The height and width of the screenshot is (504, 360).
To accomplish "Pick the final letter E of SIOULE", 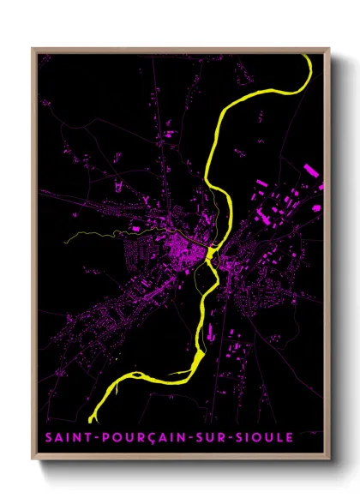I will point(290,438).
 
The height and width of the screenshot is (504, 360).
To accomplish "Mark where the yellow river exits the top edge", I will point(304,56).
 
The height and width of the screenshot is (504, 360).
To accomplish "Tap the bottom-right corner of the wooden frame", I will point(329,459).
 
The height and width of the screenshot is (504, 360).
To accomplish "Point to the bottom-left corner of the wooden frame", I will point(33,459).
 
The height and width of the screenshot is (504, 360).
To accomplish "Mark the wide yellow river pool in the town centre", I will point(210,254).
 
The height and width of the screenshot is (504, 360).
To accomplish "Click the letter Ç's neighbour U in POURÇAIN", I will point(134,438).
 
